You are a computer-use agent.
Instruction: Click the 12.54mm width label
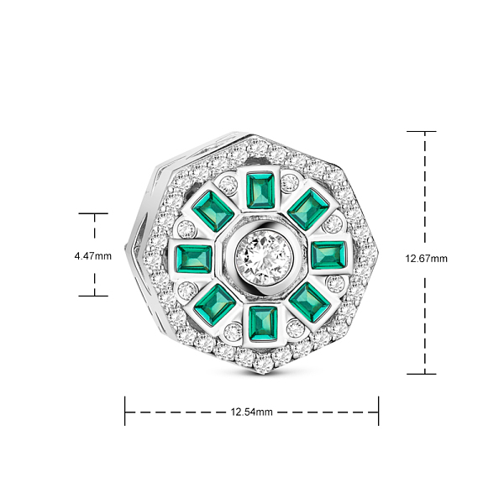click(x=252, y=412)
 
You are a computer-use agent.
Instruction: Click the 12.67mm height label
click(x=426, y=259)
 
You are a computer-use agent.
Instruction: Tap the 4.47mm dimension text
click(x=93, y=256)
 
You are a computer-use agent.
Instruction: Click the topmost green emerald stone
click(x=260, y=191)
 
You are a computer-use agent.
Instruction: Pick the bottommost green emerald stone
click(x=263, y=323)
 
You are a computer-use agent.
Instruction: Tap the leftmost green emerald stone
click(x=194, y=259)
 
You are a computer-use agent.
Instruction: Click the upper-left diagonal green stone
click(x=213, y=211)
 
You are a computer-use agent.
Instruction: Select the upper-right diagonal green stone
click(x=308, y=209)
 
